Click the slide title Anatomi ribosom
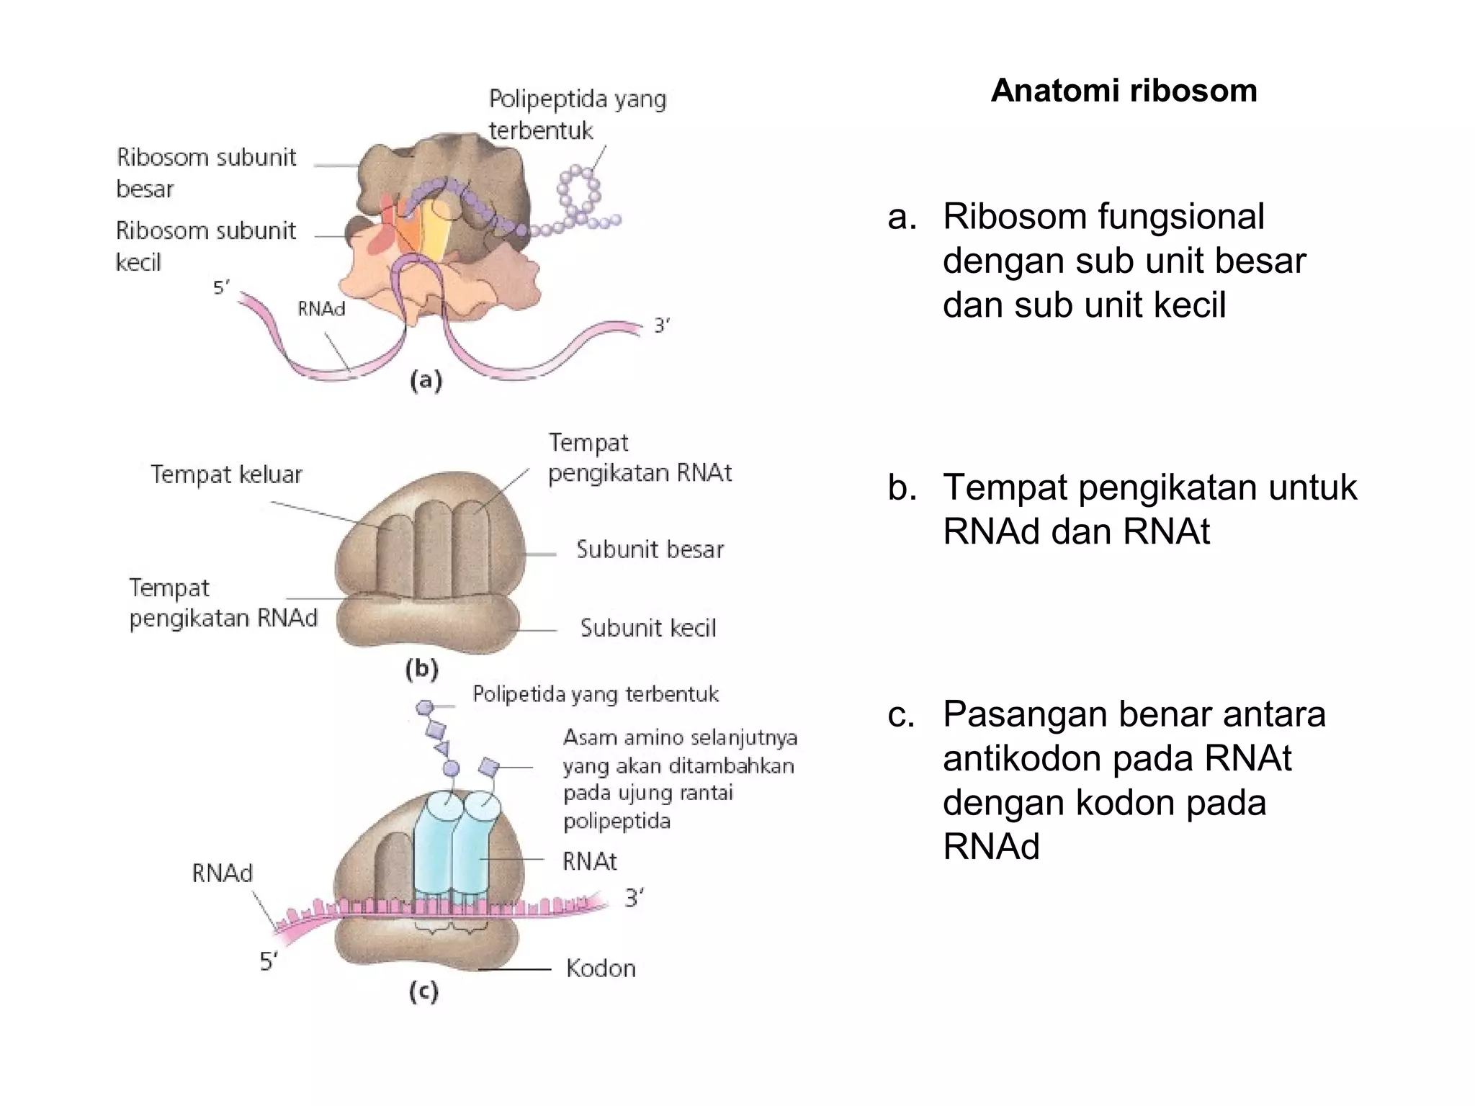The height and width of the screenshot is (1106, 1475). pos(1124,91)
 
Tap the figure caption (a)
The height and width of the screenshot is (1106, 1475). pos(426,379)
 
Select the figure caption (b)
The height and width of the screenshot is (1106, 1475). pos(422,670)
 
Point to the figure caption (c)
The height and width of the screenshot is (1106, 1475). pos(423,993)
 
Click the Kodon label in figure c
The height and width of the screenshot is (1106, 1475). pos(601,968)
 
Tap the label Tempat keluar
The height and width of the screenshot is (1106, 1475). pos(226,475)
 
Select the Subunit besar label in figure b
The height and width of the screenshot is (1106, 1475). pos(650,550)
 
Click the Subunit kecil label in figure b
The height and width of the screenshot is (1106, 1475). pos(648,628)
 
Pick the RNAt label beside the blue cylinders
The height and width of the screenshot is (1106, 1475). pos(589,861)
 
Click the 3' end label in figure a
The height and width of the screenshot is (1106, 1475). pos(661,326)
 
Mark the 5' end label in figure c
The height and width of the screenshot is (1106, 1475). pos(269,961)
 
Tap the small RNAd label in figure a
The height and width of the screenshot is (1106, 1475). pos(321,309)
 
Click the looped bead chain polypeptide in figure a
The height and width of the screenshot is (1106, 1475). pos(580,193)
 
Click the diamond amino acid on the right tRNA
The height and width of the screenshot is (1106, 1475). pos(490,766)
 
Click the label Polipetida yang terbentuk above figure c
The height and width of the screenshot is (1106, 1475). pos(595,694)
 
